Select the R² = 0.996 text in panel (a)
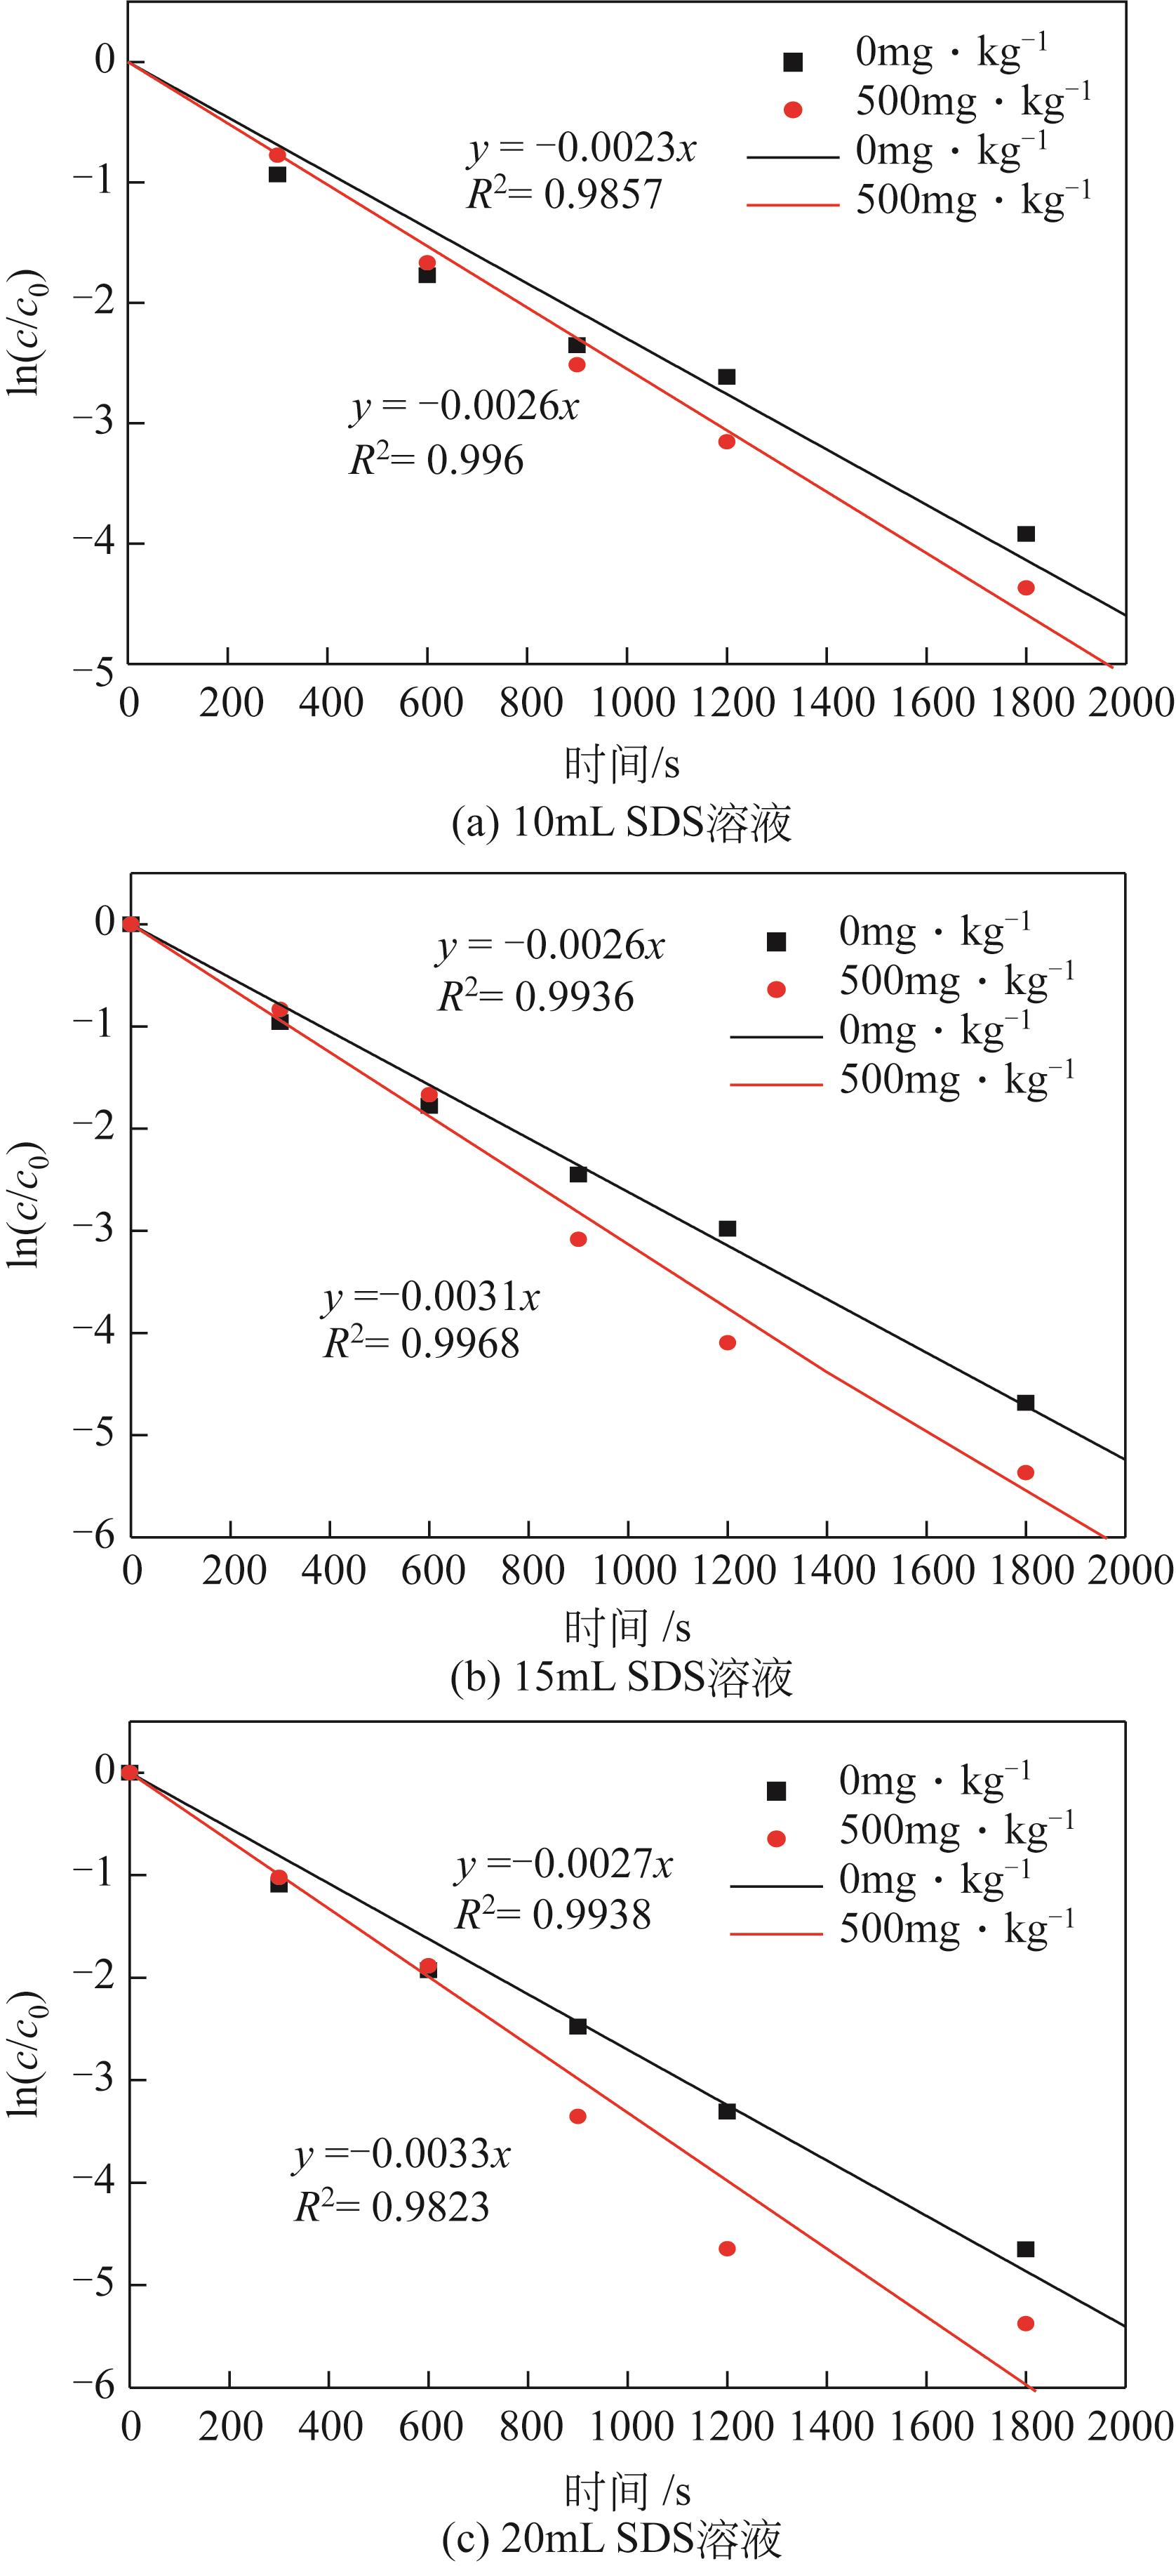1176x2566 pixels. [x=436, y=461]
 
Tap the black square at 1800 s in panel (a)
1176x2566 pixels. [x=1026, y=534]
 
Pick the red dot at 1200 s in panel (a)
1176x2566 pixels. [x=727, y=442]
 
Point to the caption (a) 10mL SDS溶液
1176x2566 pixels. [x=622, y=824]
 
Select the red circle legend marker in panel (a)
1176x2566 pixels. [x=793, y=110]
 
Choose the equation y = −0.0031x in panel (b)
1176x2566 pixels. [x=430, y=1297]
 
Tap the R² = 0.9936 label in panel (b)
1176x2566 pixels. [x=535, y=997]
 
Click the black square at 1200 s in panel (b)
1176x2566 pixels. [x=727, y=1228]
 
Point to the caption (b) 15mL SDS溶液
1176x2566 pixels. [x=622, y=1677]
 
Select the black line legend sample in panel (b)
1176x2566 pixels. [x=776, y=1036]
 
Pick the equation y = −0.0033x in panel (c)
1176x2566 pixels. [x=401, y=2154]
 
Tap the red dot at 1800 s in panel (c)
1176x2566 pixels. [x=1026, y=2324]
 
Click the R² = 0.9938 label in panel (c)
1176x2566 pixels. [x=553, y=1914]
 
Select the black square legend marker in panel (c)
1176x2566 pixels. [x=777, y=1791]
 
